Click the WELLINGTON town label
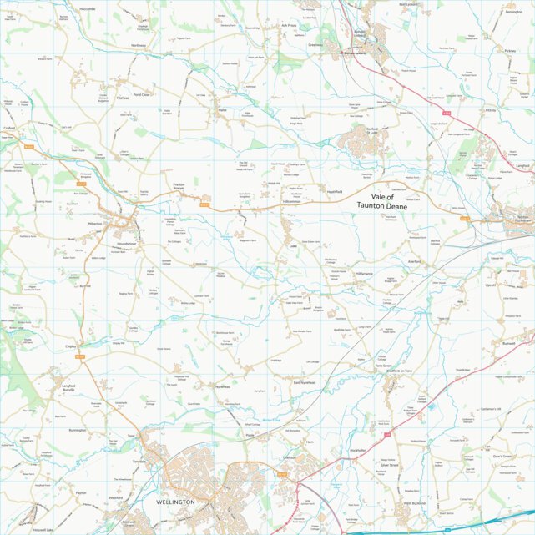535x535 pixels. (x=175, y=502)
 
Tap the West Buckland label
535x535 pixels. (x=415, y=503)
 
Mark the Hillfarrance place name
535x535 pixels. (x=365, y=275)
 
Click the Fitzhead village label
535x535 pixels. (x=124, y=97)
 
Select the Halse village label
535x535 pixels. (x=222, y=109)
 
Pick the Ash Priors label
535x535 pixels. (x=290, y=26)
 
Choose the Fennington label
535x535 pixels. (x=514, y=12)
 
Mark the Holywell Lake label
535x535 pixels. (x=43, y=529)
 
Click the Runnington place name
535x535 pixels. (x=78, y=430)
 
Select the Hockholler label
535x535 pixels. (x=358, y=450)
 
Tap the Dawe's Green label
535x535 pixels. (x=502, y=457)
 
